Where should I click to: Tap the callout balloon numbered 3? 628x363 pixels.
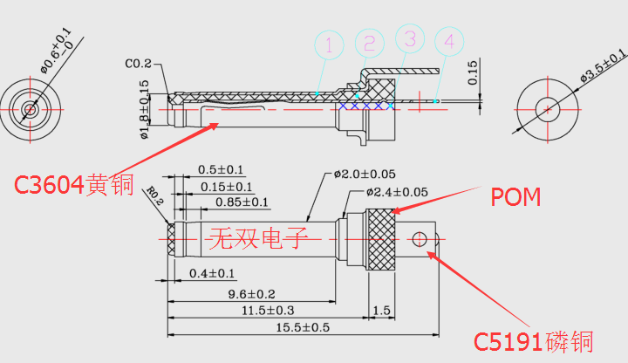410,38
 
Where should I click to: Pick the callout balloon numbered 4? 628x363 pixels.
449,41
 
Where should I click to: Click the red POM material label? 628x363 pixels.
515,197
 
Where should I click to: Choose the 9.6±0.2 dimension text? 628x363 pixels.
252,293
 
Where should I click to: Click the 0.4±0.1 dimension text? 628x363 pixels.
212,274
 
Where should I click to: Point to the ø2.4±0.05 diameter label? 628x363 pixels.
396,192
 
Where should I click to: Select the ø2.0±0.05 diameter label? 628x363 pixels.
365,174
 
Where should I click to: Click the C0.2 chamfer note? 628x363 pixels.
138,64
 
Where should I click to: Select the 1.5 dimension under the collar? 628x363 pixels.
381,311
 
